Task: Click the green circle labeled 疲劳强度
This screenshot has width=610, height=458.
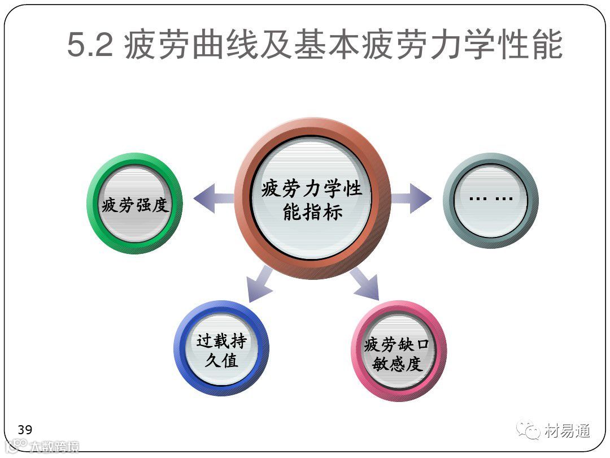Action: click(x=134, y=204)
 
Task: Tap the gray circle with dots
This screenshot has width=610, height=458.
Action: click(x=490, y=200)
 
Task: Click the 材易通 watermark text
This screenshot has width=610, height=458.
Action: click(x=568, y=431)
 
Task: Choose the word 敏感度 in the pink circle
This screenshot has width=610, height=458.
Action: click(x=398, y=364)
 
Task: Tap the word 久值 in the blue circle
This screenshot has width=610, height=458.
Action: click(x=221, y=360)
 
